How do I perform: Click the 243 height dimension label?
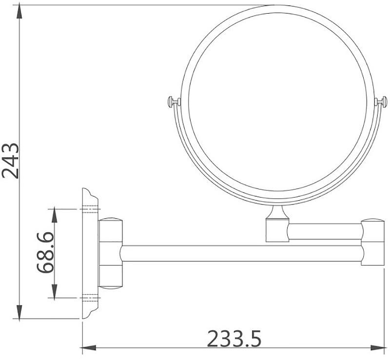click(x=10, y=160)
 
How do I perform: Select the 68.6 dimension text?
click(x=45, y=252)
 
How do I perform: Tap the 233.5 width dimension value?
click(x=234, y=339)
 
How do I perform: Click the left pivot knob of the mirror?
click(x=174, y=102)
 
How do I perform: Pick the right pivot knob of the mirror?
click(x=381, y=102)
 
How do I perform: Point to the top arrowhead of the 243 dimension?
click(x=19, y=12)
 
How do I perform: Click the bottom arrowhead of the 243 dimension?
click(x=19, y=311)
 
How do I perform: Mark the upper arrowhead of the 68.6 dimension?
click(x=54, y=216)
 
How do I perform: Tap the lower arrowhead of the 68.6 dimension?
click(x=54, y=291)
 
